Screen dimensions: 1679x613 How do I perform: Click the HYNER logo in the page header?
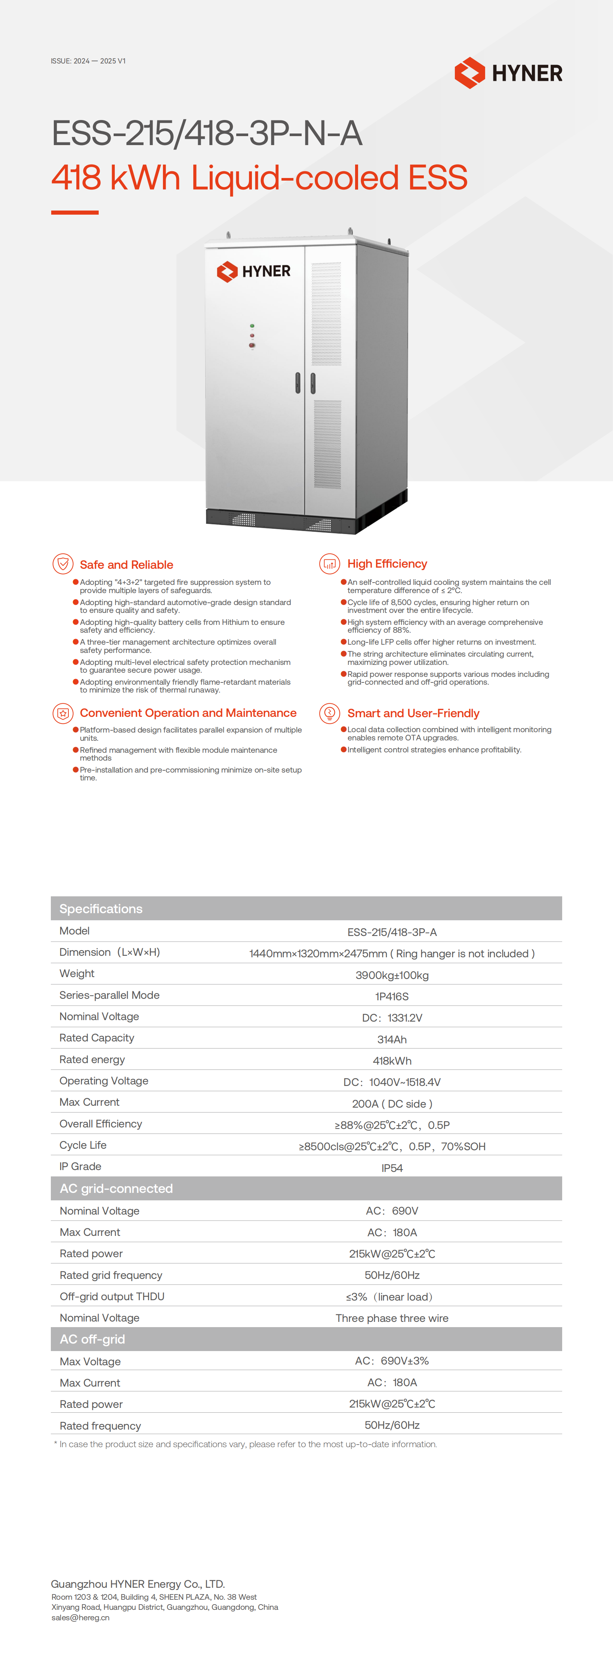[x=508, y=72]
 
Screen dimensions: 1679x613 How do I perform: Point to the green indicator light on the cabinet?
[x=252, y=325]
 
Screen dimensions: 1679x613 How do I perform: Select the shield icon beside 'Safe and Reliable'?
[x=62, y=564]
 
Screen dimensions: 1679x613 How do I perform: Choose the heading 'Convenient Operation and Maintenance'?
[x=188, y=713]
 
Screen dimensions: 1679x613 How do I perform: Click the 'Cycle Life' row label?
[x=83, y=1145]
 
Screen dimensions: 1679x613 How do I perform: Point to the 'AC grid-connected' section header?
[x=116, y=1188]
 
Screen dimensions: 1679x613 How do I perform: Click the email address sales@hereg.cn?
[x=80, y=1618]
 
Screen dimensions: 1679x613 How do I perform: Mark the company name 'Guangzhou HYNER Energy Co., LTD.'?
[x=138, y=1584]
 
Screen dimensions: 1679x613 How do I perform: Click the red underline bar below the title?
[x=75, y=212]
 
